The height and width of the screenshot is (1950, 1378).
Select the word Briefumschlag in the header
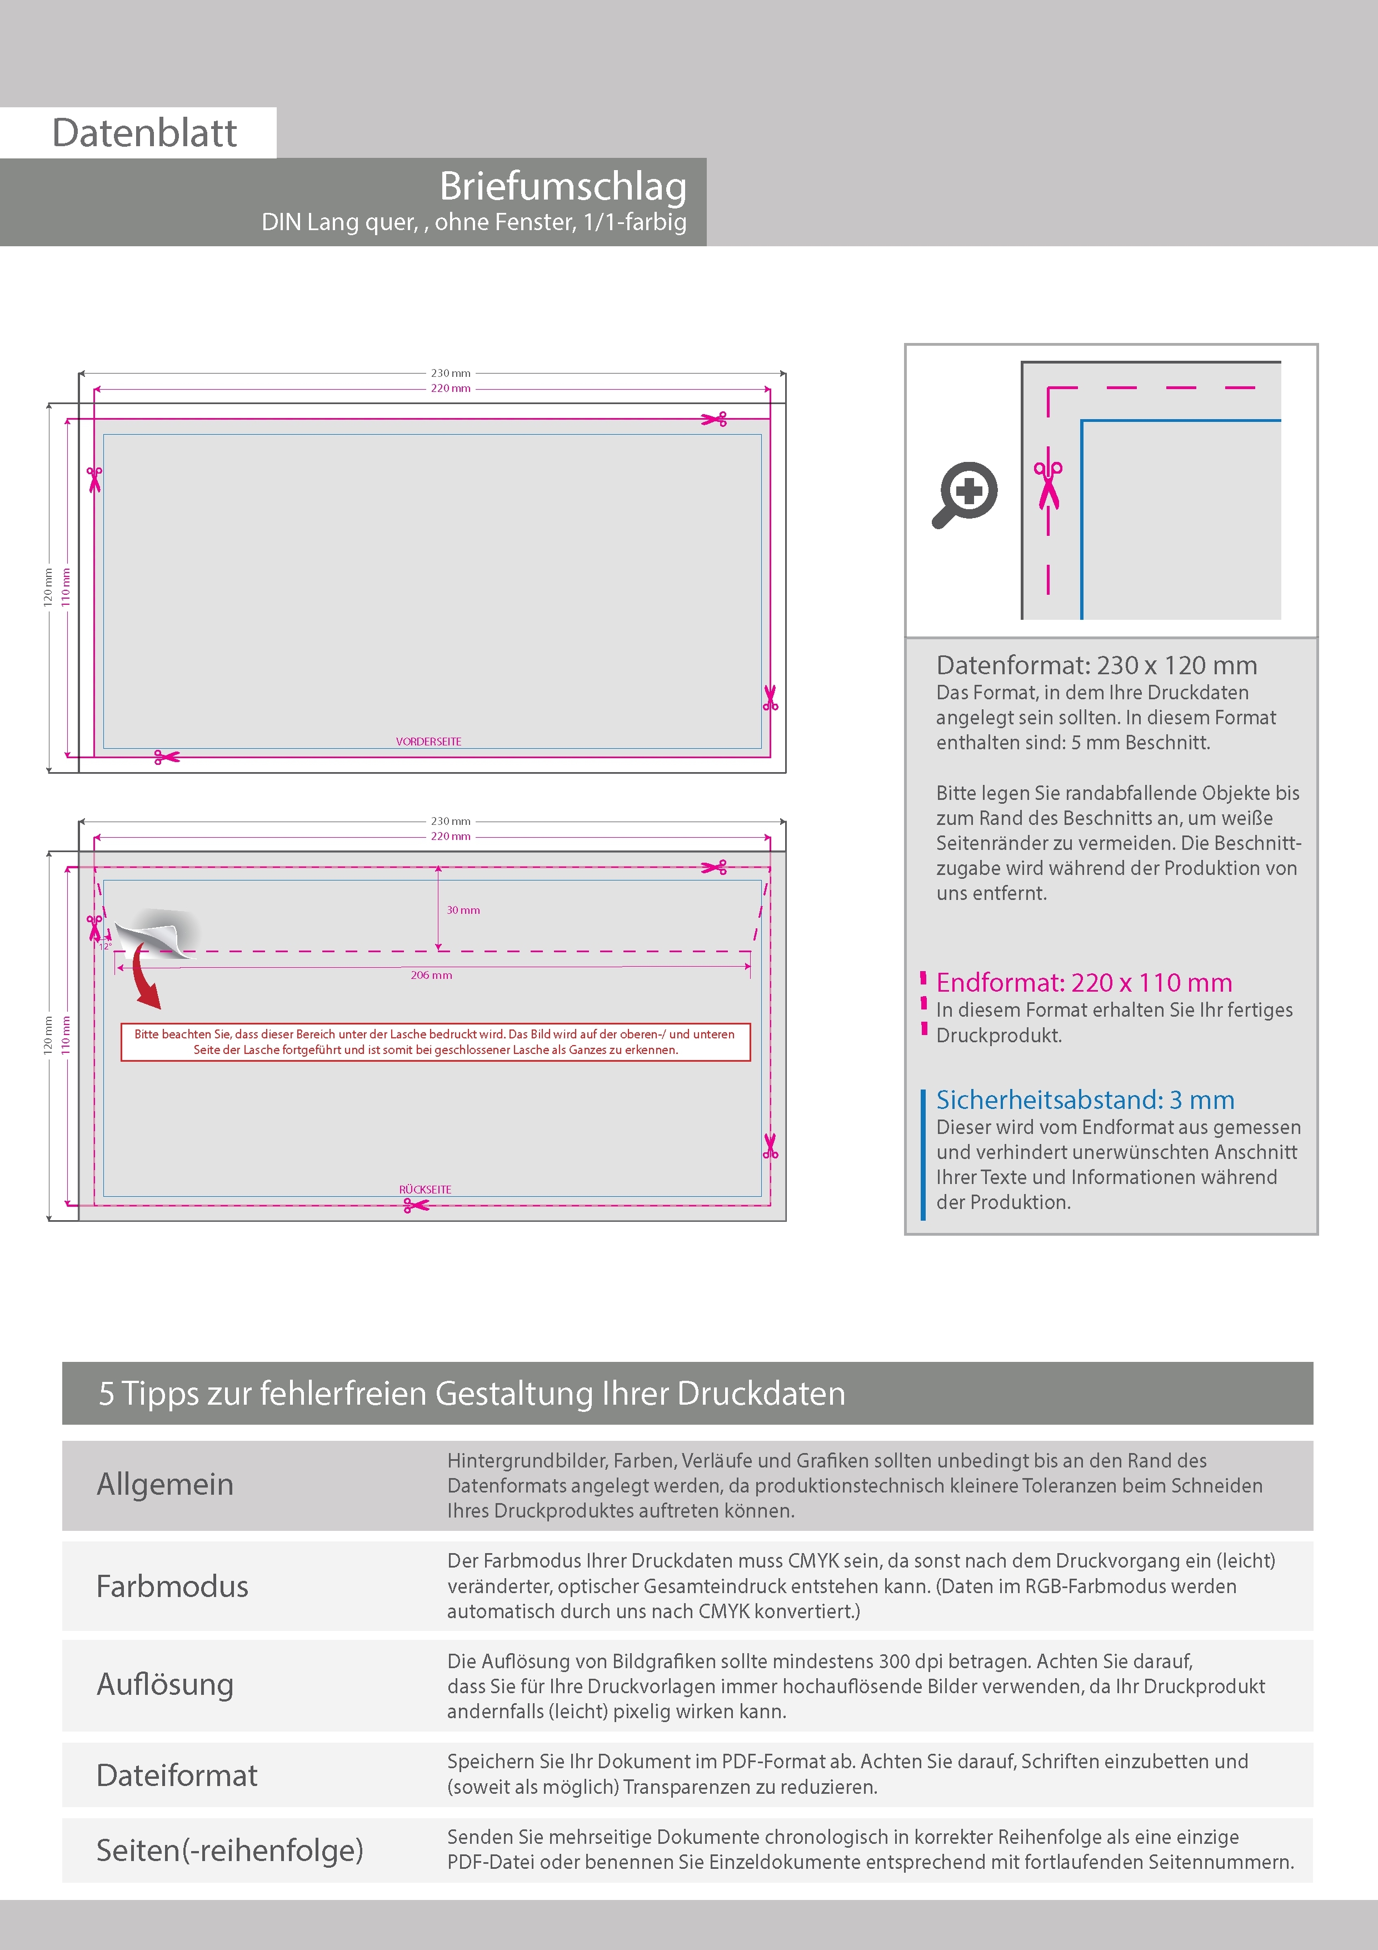click(x=562, y=186)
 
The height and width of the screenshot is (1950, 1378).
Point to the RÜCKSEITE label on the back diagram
click(x=425, y=1189)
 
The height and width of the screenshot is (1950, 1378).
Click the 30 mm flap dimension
click(x=463, y=909)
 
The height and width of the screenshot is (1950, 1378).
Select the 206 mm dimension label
click(x=431, y=975)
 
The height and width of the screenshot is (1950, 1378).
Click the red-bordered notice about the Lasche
click(x=436, y=1041)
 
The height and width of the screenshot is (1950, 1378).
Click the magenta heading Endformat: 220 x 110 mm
click(x=1084, y=983)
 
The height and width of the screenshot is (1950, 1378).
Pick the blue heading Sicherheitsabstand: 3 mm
click(x=1084, y=1100)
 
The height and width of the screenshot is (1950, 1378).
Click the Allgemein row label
click(x=164, y=1485)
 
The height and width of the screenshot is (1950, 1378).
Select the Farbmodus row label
click(x=172, y=1586)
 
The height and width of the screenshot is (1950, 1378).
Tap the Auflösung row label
click(x=164, y=1684)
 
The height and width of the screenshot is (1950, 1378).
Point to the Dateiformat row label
click(x=177, y=1775)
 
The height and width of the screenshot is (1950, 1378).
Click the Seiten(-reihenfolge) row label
click(x=229, y=1850)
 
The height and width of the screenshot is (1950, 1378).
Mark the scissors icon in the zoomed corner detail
click(x=1049, y=484)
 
